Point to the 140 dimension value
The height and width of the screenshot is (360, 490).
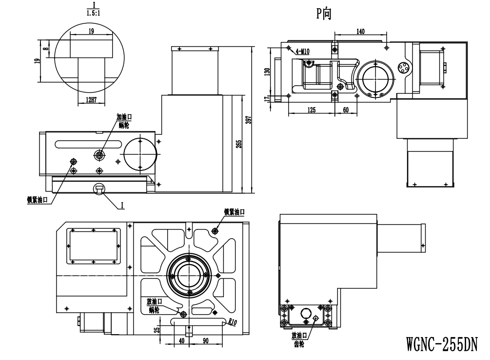coord(360,32)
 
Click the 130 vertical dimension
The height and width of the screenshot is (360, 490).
coord(267,72)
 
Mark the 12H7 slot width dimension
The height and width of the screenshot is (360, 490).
coord(90,100)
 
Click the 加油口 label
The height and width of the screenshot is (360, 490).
coord(124,117)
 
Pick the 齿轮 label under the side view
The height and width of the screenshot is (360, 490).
coord(299,342)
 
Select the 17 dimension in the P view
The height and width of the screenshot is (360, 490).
coord(267,98)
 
